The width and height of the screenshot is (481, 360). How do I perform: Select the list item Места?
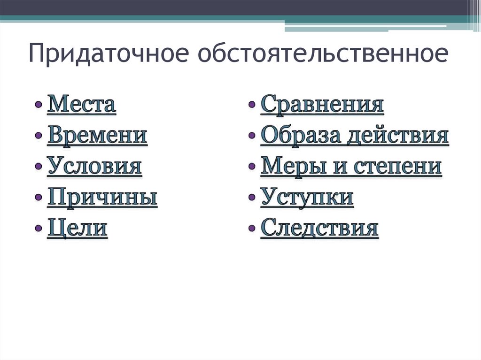click(81, 104)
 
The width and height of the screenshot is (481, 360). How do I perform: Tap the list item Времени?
click(97, 135)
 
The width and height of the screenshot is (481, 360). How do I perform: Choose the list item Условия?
click(94, 166)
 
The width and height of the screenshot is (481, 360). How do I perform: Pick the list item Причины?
click(102, 198)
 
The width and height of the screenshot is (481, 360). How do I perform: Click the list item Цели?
click(78, 229)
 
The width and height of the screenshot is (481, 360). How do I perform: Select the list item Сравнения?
click(322, 104)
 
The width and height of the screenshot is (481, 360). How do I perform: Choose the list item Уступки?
click(307, 198)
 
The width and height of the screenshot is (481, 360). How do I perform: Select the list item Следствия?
click(319, 229)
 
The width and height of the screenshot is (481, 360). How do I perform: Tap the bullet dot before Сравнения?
click(252, 105)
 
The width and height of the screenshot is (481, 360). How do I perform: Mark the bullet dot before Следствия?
click(252, 230)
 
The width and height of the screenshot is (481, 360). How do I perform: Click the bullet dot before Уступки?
click(252, 198)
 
